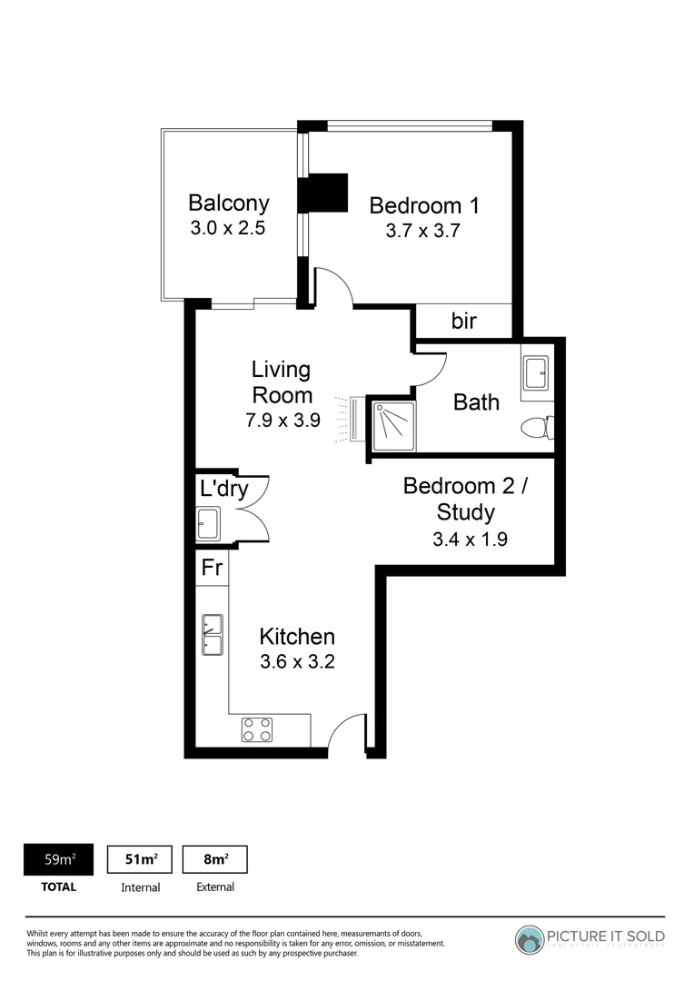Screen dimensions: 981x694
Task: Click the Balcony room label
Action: (x=228, y=202)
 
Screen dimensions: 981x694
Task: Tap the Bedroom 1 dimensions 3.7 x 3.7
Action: (x=423, y=231)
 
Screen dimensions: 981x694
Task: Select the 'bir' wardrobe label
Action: (x=463, y=321)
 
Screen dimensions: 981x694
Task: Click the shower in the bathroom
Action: (x=392, y=423)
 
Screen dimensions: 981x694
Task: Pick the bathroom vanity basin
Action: (x=536, y=371)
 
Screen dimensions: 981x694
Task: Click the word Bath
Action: (x=476, y=401)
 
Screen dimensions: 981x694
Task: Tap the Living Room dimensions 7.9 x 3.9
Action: (x=282, y=421)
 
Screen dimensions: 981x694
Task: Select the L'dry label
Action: (x=223, y=489)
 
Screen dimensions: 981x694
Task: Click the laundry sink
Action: (x=208, y=522)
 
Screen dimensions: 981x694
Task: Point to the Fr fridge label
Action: (x=212, y=568)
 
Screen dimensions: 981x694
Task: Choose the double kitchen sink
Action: (x=212, y=634)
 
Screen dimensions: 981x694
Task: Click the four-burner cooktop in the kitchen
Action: (x=257, y=728)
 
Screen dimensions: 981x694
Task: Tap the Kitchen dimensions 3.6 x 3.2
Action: (x=297, y=662)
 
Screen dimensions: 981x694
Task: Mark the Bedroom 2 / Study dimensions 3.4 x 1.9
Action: (x=470, y=539)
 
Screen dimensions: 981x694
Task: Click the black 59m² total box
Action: (x=59, y=859)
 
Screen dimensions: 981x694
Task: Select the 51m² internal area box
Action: (x=141, y=859)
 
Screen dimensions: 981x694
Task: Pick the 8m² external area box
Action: (x=215, y=859)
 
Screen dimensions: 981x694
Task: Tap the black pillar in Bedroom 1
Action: (x=324, y=192)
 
